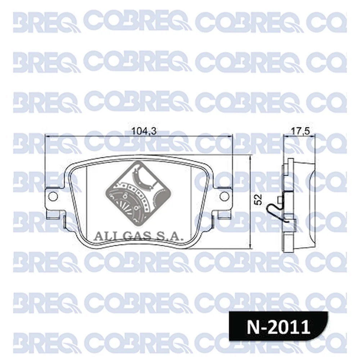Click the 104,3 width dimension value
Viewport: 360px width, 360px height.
click(144, 131)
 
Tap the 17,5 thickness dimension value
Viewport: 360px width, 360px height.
click(301, 131)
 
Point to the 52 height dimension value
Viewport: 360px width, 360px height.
click(258, 199)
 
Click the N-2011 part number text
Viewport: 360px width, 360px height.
click(278, 327)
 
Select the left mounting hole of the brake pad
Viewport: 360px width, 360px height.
click(53, 196)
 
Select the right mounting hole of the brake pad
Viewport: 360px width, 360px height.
click(224, 196)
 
